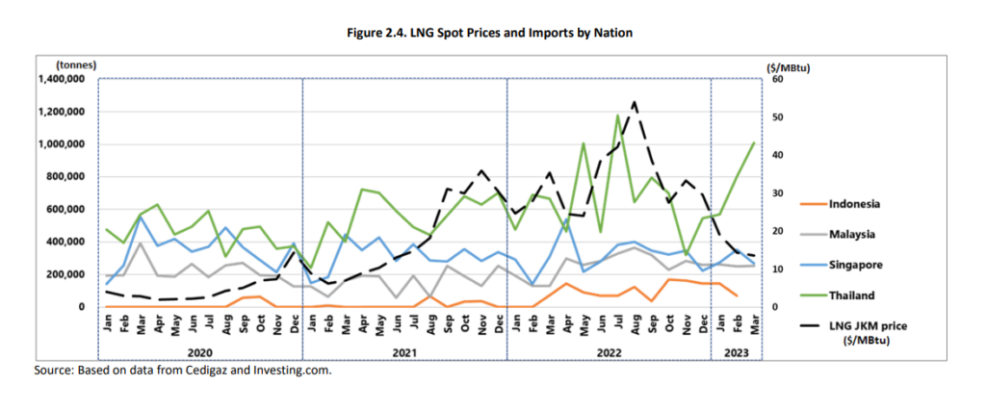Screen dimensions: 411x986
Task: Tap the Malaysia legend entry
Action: click(848, 233)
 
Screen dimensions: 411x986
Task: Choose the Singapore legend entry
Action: click(850, 264)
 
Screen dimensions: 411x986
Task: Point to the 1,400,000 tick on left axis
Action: click(61, 79)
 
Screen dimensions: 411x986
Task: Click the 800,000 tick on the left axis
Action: click(65, 177)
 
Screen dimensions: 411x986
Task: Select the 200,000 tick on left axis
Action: click(65, 274)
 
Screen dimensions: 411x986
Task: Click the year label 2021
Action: click(404, 352)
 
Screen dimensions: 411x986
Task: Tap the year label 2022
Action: click(609, 352)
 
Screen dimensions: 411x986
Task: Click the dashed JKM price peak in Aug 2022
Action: click(635, 102)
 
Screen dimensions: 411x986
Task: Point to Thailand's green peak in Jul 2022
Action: click(617, 116)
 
